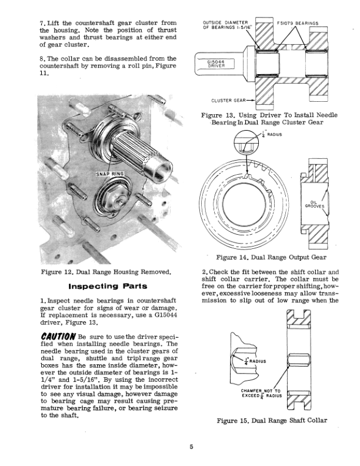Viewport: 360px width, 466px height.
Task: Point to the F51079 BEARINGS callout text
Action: pyautogui.click(x=297, y=24)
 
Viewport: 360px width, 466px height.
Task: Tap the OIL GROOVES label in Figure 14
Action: pyautogui.click(x=310, y=204)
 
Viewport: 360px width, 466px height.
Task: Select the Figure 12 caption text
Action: pyautogui.click(x=106, y=272)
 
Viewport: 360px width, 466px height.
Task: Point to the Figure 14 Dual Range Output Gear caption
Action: pyautogui.click(x=271, y=257)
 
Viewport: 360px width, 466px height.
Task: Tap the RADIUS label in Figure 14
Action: pyautogui.click(x=274, y=135)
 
